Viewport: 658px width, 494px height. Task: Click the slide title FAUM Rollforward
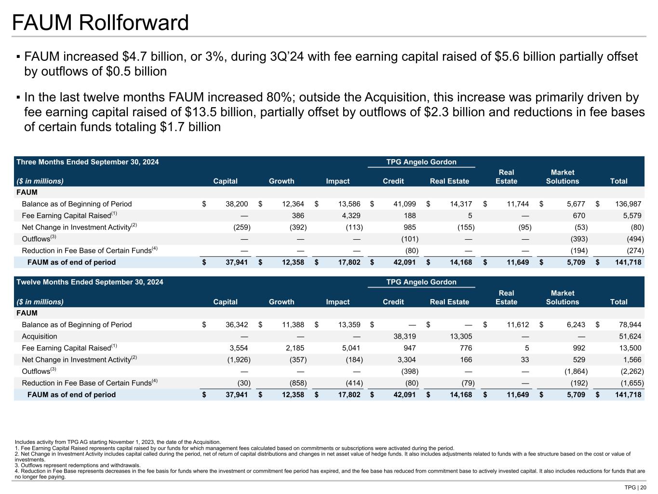100,23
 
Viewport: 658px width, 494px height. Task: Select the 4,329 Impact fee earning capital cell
350,216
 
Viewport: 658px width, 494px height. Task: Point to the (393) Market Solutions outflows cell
577,239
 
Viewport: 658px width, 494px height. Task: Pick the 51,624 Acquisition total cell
629,336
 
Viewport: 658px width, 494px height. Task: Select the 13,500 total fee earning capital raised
629,348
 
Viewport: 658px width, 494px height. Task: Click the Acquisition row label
40,336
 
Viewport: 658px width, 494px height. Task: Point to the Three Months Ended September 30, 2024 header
88,162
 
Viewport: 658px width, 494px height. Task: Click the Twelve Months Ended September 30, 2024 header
90,282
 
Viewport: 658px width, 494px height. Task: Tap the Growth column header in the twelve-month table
282,302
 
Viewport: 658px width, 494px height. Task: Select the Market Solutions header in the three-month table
562,177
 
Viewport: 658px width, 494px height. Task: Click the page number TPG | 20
635,487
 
